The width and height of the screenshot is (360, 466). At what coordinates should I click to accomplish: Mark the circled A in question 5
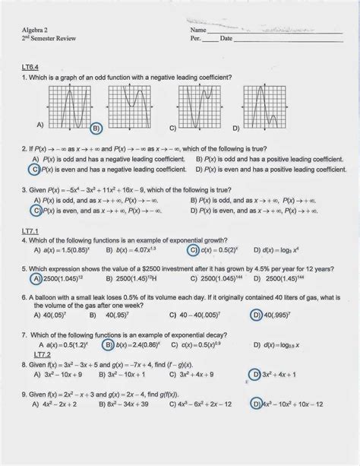36,278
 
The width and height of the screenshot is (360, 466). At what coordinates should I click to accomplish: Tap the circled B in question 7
109,344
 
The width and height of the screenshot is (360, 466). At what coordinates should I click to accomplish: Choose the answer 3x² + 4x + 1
281,373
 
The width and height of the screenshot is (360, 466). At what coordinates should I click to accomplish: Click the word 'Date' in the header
226,37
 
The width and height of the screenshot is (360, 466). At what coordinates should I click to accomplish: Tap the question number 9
24,393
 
